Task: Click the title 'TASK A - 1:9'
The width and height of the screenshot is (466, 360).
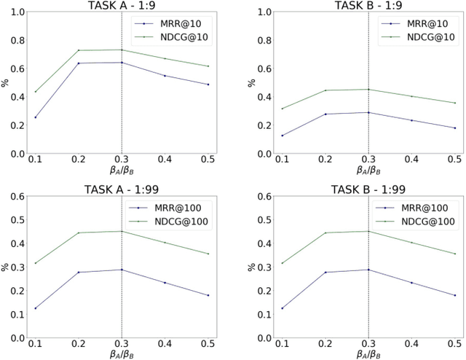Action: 121,6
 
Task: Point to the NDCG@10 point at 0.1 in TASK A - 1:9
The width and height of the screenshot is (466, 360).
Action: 35,92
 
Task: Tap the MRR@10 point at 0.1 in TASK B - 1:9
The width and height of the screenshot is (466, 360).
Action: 282,136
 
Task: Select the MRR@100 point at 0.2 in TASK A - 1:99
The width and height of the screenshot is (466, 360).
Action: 78,273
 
